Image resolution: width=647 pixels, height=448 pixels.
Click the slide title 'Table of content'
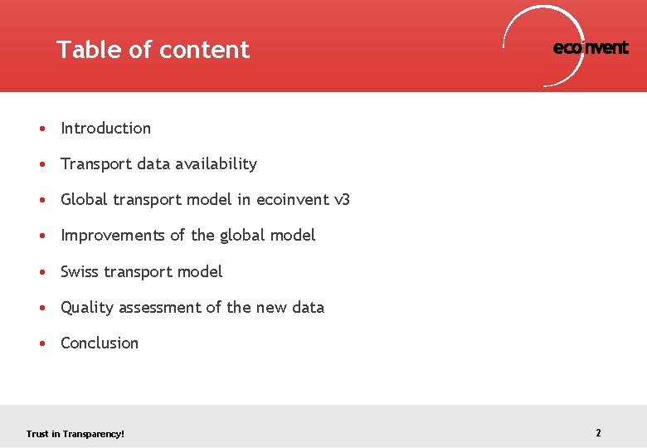point(153,50)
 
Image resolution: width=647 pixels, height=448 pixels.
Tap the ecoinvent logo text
point(591,48)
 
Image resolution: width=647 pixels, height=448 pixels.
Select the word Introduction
point(105,129)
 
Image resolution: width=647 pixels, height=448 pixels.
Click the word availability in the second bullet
point(216,164)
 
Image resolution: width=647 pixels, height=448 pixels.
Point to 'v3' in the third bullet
point(342,200)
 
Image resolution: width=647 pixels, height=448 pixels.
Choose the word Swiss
point(80,272)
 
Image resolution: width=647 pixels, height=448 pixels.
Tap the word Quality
point(87,308)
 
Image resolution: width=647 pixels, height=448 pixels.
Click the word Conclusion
point(100,343)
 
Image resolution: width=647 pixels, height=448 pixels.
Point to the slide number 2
point(598,433)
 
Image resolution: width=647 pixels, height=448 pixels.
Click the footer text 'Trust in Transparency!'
point(75,434)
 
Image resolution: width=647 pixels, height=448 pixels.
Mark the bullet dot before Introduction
point(41,129)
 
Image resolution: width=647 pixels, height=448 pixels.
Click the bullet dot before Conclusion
point(41,343)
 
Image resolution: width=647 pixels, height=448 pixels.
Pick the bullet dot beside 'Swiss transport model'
point(41,272)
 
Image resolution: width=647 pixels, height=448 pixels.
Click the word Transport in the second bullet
point(96,164)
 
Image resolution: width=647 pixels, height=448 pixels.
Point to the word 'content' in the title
point(204,50)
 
